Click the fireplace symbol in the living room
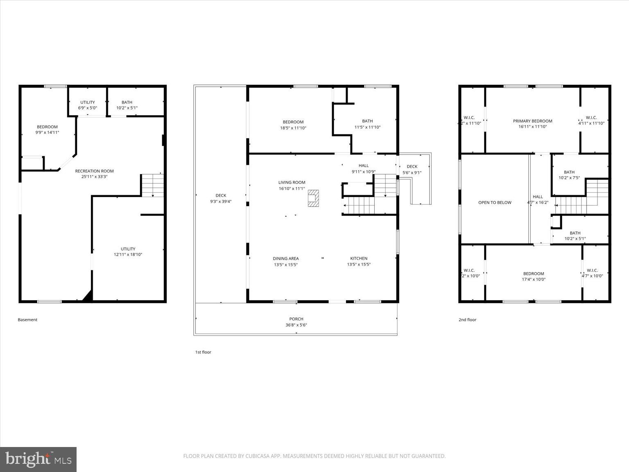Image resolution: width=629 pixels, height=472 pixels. click(x=313, y=198)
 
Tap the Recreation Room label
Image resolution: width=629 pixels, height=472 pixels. click(x=94, y=171)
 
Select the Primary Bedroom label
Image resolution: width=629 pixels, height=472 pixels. click(x=532, y=121)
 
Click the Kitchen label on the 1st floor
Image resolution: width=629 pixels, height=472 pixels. click(x=359, y=259)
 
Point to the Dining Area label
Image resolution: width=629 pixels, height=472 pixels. click(x=286, y=259)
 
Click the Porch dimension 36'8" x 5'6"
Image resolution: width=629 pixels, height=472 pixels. click(x=296, y=325)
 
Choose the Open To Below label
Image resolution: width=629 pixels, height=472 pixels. click(x=495, y=202)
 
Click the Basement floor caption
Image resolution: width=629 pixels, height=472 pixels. click(x=27, y=320)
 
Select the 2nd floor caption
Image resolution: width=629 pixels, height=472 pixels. click(x=467, y=320)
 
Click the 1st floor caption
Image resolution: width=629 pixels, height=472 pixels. click(x=203, y=352)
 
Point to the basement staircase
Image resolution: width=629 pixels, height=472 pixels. click(x=153, y=185)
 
